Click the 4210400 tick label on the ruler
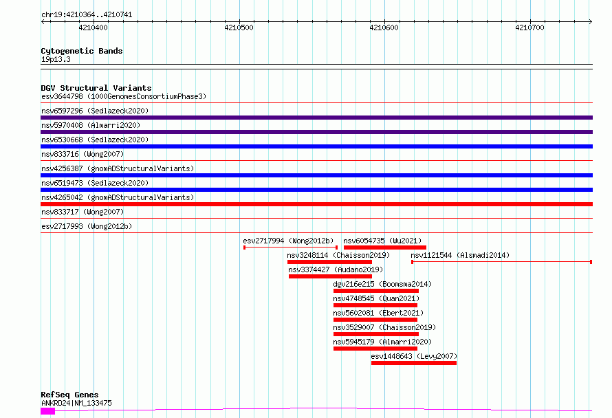(x=93, y=27)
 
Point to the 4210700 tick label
(x=529, y=27)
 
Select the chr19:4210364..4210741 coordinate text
(x=87, y=15)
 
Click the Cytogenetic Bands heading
(x=82, y=51)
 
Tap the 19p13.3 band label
(x=56, y=59)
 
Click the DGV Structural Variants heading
(x=96, y=88)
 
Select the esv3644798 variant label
(x=62, y=96)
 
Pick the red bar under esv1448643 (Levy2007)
(x=414, y=363)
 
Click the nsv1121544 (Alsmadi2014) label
(x=460, y=255)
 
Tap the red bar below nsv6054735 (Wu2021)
(x=385, y=247)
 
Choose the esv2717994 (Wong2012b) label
(x=288, y=241)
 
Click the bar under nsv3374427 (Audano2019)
(x=330, y=276)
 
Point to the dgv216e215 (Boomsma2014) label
(x=382, y=284)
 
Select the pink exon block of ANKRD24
(x=47, y=410)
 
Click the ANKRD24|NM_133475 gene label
(x=76, y=403)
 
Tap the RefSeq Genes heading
(x=69, y=395)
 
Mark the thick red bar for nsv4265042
(x=316, y=204)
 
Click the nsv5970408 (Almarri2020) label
(x=91, y=125)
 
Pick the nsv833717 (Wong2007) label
(x=83, y=212)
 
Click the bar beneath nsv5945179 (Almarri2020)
(x=375, y=349)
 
